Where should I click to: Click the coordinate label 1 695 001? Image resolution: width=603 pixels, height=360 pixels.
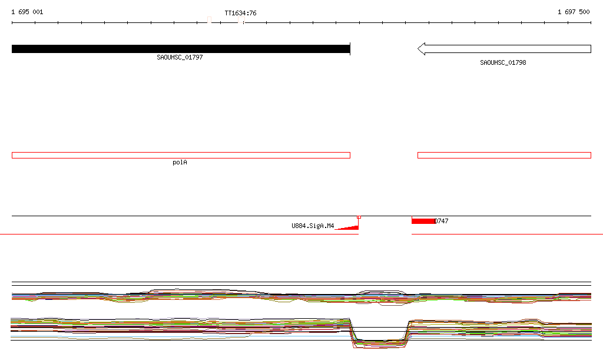(x=27, y=12)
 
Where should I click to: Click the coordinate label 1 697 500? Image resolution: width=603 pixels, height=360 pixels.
(x=574, y=12)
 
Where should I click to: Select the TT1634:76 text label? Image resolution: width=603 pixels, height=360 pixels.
(x=240, y=13)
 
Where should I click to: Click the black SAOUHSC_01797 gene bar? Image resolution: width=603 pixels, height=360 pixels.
(x=181, y=49)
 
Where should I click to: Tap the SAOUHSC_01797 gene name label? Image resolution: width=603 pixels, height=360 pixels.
(x=180, y=57)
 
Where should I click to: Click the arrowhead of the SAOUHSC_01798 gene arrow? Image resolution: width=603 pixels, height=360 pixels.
(x=421, y=49)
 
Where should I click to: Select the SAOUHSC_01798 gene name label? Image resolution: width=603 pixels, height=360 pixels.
(x=503, y=62)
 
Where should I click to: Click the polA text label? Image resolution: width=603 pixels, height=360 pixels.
(x=180, y=162)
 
